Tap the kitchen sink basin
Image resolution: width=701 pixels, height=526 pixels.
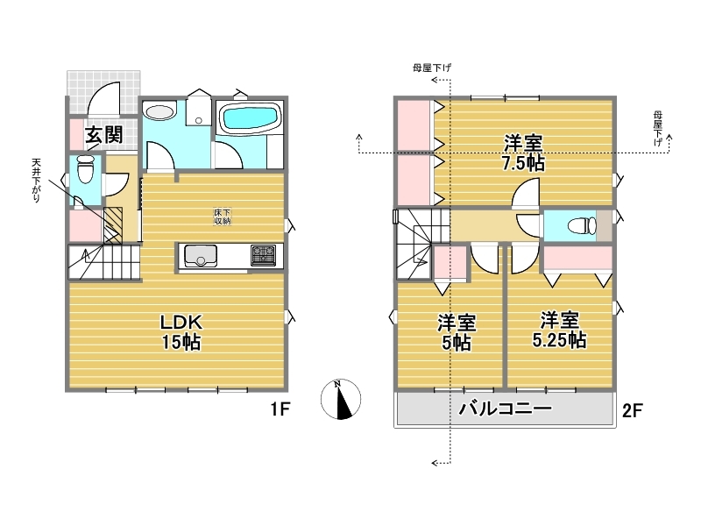point(201,255)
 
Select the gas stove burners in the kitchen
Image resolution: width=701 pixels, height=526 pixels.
point(264,255)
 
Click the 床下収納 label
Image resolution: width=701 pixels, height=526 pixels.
point(223,217)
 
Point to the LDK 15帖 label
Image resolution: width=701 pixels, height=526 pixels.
point(181,332)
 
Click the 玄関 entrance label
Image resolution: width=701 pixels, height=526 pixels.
point(104,134)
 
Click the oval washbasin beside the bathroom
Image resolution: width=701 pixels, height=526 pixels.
point(159,112)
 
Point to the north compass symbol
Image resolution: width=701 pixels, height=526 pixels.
point(341,399)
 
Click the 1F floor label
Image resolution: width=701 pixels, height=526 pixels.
point(280,409)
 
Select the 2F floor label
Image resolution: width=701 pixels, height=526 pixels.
point(632,410)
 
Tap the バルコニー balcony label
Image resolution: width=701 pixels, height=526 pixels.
point(506,408)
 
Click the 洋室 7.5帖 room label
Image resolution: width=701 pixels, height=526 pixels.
point(523,153)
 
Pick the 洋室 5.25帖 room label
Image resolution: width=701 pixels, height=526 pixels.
point(559,331)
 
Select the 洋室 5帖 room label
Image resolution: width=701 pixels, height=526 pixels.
point(457,332)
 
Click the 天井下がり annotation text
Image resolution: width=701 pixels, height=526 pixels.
point(36,181)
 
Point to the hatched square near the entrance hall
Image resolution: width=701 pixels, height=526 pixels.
point(113,225)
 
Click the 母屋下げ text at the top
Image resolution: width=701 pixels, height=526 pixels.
point(432,68)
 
